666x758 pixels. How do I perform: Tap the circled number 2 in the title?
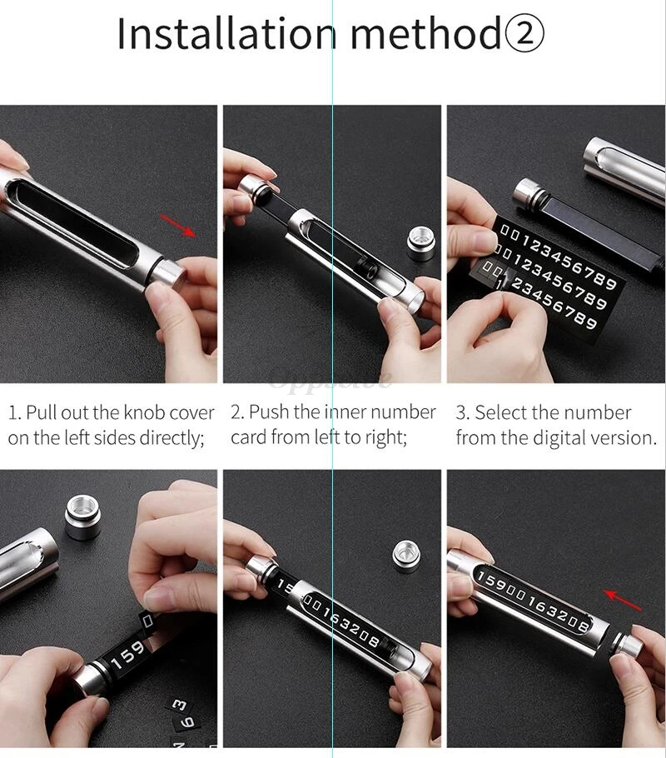(524, 34)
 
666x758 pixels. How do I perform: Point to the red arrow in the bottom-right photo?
(622, 599)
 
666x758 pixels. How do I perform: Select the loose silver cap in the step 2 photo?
(420, 243)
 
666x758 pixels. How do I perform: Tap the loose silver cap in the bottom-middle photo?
(405, 556)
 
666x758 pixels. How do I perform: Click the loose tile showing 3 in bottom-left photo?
(178, 705)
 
